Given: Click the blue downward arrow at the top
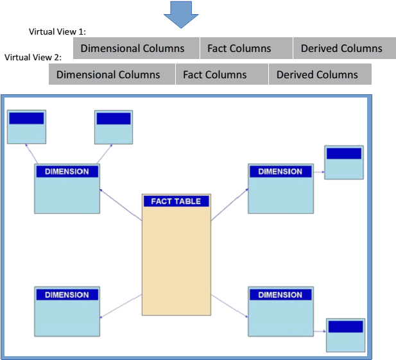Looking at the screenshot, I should pyautogui.click(x=181, y=13).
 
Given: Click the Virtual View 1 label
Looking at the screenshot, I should pyautogui.click(x=57, y=31).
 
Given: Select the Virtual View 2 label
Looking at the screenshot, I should pyautogui.click(x=33, y=57).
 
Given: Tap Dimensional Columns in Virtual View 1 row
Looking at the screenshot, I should pyautogui.click(x=132, y=48).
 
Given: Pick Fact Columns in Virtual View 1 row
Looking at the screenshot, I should pyautogui.click(x=239, y=48).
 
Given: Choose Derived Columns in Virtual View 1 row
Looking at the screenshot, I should pyautogui.click(x=341, y=48).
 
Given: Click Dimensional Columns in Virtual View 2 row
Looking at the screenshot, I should pyautogui.click(x=108, y=74).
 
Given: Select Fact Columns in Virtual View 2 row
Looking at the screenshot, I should pyautogui.click(x=214, y=74).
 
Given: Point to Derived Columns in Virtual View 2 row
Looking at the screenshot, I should pyautogui.click(x=317, y=74).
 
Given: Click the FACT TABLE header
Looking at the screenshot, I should pyautogui.click(x=176, y=201).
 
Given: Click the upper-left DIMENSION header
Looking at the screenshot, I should pyautogui.click(x=67, y=171).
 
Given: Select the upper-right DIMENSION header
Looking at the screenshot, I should pyautogui.click(x=280, y=171).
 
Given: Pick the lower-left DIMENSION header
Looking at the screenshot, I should pyautogui.click(x=67, y=295).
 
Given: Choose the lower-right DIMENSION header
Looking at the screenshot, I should pyautogui.click(x=280, y=295).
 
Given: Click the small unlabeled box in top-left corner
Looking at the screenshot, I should pyautogui.click(x=26, y=126).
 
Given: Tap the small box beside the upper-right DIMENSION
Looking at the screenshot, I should pyautogui.click(x=344, y=162).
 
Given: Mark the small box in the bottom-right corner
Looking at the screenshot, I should pyautogui.click(x=345, y=334).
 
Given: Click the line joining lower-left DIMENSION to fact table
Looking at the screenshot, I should pyautogui.click(x=121, y=306).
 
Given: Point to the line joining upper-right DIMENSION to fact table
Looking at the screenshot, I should pyautogui.click(x=229, y=205).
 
